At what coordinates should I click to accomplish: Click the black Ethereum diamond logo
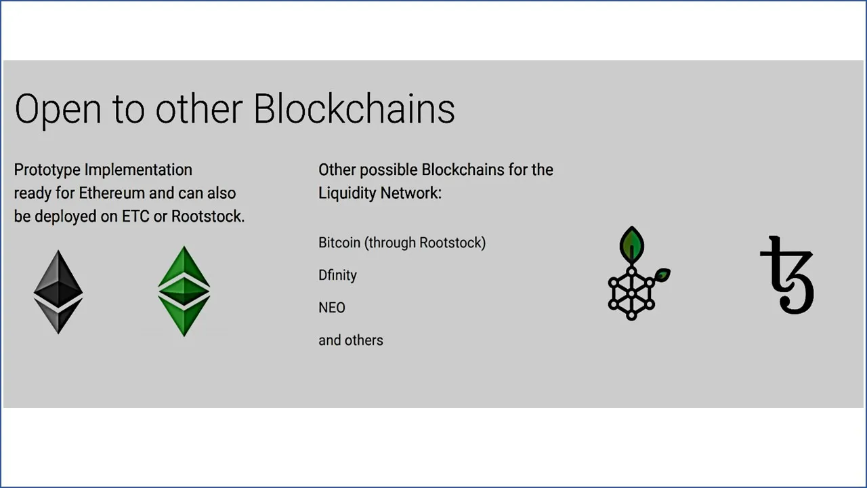point(58,292)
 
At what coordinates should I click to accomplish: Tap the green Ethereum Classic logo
point(184,291)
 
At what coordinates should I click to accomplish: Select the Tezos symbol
point(788,274)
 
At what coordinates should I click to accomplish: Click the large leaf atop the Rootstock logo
point(632,243)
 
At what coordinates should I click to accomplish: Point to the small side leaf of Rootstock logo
point(662,275)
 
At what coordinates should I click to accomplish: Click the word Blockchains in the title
point(354,109)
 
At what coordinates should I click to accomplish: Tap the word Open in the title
point(58,110)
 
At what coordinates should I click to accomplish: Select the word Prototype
point(47,170)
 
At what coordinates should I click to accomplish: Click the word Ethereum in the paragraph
point(112,193)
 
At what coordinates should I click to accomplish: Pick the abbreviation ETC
point(135,216)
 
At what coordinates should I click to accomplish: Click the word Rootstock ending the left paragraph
point(208,216)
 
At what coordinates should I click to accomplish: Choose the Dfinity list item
point(337,275)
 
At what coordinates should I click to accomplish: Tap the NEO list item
point(332,308)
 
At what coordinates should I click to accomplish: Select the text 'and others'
point(351,340)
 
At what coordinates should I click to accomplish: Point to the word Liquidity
point(347,193)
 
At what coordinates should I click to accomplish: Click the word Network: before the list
point(410,193)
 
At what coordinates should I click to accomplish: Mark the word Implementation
point(138,170)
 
